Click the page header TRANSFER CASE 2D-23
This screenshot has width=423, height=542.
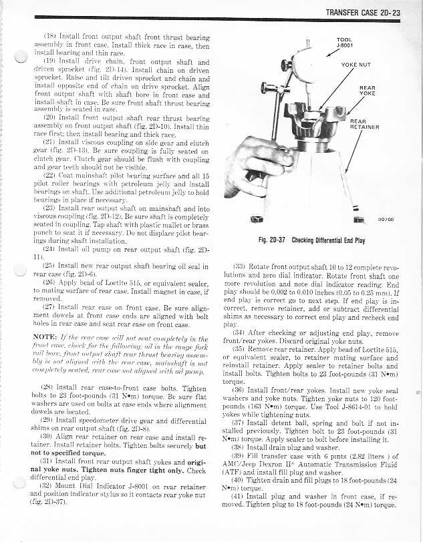362,13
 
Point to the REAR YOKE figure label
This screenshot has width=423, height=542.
367,91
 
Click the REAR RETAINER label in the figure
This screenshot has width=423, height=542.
364,125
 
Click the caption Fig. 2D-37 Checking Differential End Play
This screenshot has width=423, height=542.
312,240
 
